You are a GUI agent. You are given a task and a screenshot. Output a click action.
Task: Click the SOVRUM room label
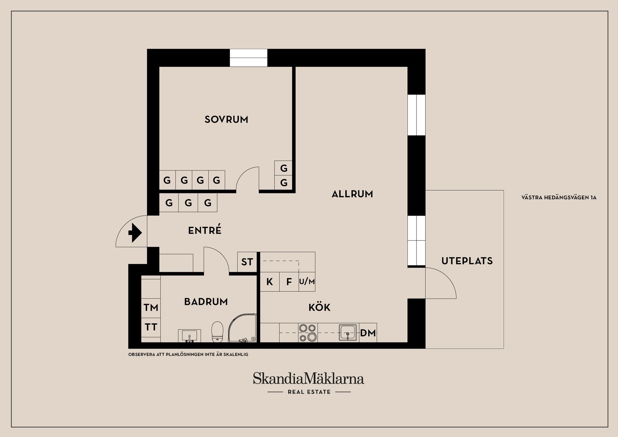pyautogui.click(x=226, y=119)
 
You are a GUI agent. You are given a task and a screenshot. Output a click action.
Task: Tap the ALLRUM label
pyautogui.click(x=352, y=194)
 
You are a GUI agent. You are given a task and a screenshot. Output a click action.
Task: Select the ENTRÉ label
pyautogui.click(x=205, y=230)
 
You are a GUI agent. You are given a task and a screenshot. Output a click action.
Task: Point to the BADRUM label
pyautogui.click(x=206, y=302)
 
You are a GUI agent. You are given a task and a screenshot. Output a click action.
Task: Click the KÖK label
pyautogui.click(x=319, y=307)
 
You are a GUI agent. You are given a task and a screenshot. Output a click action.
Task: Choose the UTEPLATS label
pyautogui.click(x=467, y=261)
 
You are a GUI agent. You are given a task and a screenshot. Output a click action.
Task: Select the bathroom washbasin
pyautogui.click(x=189, y=336)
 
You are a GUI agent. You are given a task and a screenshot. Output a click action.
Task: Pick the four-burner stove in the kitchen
pyautogui.click(x=308, y=332)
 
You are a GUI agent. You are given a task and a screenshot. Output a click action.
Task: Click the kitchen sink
pyautogui.click(x=348, y=332)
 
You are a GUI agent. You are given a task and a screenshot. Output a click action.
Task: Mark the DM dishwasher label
pyautogui.click(x=368, y=333)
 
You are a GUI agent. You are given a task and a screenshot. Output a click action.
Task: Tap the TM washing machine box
pyautogui.click(x=151, y=308)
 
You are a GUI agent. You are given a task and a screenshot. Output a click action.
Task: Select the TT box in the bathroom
pyautogui.click(x=151, y=327)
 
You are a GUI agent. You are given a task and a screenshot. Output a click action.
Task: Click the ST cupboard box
pyautogui.click(x=247, y=262)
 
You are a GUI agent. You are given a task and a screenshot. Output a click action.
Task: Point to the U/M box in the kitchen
pyautogui.click(x=307, y=282)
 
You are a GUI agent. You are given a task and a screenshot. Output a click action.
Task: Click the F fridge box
pyautogui.click(x=289, y=282)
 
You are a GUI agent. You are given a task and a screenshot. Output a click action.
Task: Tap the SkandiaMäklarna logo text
pyautogui.click(x=308, y=378)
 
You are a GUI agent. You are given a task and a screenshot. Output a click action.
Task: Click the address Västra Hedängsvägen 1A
pyautogui.click(x=559, y=197)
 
